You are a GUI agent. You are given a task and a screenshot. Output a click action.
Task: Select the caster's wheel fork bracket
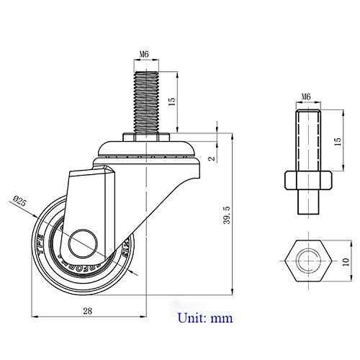pos(94,202)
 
